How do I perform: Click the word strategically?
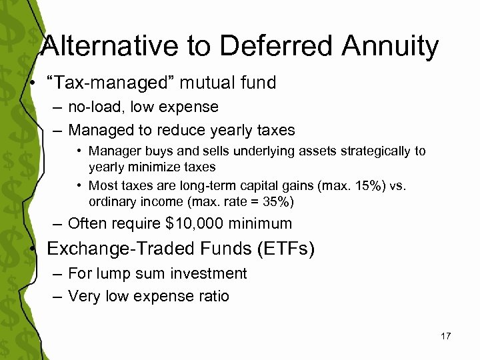pyautogui.click(x=373, y=151)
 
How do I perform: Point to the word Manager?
pyautogui.click(x=111, y=151)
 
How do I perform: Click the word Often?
pyautogui.click(x=87, y=223)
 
